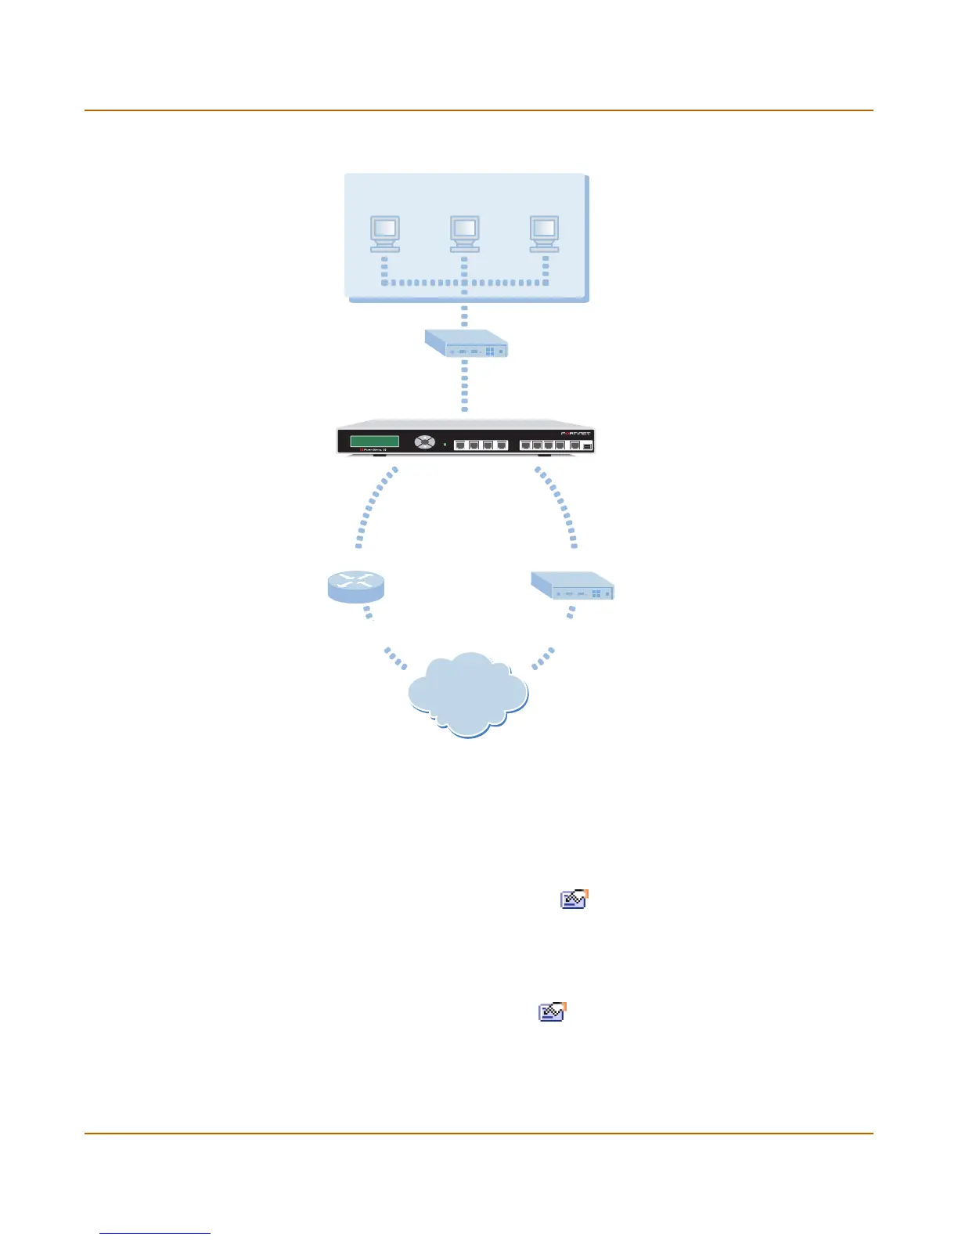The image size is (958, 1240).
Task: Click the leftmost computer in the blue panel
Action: tap(384, 233)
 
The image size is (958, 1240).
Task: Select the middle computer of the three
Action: tap(464, 233)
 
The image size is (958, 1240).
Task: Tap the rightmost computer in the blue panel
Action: tap(544, 233)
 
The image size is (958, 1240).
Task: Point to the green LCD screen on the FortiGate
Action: tap(374, 442)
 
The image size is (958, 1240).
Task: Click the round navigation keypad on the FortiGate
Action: tap(424, 442)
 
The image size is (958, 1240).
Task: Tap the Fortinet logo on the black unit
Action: tap(575, 433)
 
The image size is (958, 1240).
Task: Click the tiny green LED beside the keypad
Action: tap(445, 445)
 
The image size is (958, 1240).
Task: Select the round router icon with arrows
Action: tap(355, 586)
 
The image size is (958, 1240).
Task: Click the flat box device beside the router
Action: tap(572, 586)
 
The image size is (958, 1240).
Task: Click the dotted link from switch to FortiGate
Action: tap(465, 384)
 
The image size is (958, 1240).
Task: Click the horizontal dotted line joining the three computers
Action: tap(464, 283)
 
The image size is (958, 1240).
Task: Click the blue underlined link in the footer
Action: tap(155, 1233)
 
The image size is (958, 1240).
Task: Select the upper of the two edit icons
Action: tap(574, 899)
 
